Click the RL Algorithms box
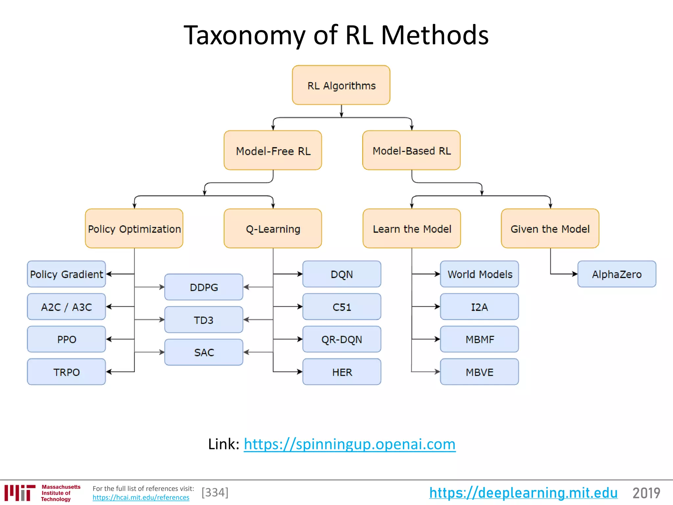[x=341, y=85]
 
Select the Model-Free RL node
[x=273, y=150]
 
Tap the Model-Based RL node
[x=411, y=150]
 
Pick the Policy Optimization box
[x=134, y=228]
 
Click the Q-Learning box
[x=273, y=228]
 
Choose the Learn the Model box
[x=412, y=228]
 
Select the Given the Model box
[x=550, y=228]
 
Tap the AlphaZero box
[x=617, y=274]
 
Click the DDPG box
[x=204, y=287]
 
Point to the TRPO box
[x=66, y=372]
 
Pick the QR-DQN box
[x=342, y=339]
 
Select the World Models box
[x=479, y=274]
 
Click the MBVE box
[x=479, y=372]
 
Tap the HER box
[x=342, y=372]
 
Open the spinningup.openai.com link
[x=350, y=444]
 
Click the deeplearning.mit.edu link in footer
[x=523, y=493]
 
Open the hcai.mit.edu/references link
[x=141, y=497]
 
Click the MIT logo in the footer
[x=20, y=493]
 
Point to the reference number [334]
[x=215, y=493]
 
